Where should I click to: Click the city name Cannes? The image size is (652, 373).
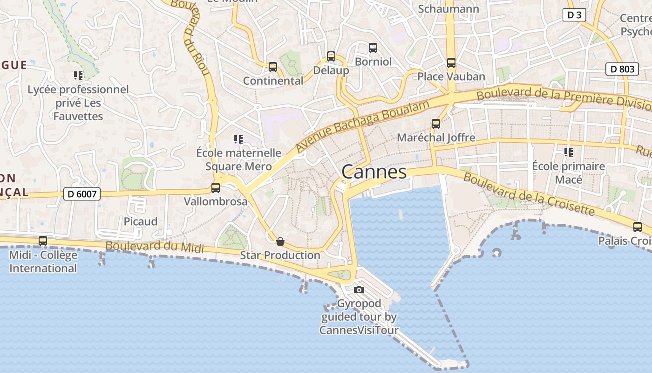(374, 172)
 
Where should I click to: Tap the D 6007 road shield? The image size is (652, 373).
(82, 193)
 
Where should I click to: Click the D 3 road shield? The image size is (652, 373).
(574, 15)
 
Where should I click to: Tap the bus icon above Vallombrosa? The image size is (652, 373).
(216, 188)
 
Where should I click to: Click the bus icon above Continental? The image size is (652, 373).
(273, 67)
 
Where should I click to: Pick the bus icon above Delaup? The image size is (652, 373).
(331, 56)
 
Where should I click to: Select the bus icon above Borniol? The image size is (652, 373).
(373, 48)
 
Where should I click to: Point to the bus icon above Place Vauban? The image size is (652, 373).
(451, 62)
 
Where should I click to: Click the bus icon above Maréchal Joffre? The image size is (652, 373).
(436, 124)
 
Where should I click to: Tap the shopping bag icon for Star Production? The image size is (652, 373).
(280, 242)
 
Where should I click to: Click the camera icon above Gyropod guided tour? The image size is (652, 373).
(359, 290)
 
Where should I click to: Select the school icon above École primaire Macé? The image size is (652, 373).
(568, 152)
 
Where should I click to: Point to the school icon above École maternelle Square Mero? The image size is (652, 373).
(238, 139)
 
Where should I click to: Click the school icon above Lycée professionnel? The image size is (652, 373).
(78, 76)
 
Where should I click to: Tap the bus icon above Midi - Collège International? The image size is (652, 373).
(43, 241)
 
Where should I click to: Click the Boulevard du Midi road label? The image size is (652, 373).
(155, 247)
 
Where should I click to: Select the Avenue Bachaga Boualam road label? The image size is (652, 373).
(362, 126)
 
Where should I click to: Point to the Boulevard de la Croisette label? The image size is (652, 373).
(529, 194)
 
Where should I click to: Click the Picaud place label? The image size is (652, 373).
(141, 221)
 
